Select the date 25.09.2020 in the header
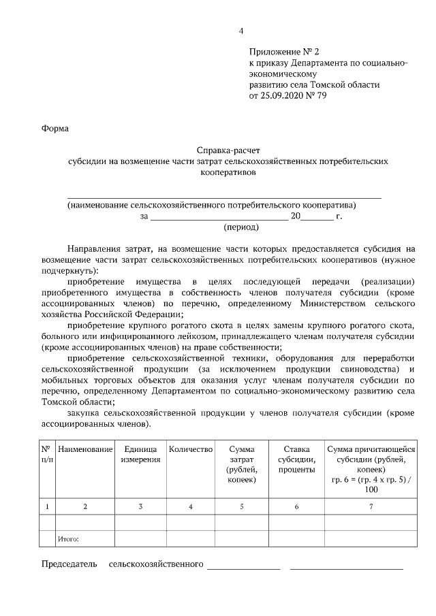283,96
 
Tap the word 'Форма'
55,128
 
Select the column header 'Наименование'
85,449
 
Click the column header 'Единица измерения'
140,454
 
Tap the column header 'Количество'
191,449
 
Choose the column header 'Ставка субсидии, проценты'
296,459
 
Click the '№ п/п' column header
46,454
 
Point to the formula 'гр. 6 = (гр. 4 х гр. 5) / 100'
371,484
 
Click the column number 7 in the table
371,506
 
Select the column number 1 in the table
46,506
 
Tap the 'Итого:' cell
69,539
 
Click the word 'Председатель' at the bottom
69,564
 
